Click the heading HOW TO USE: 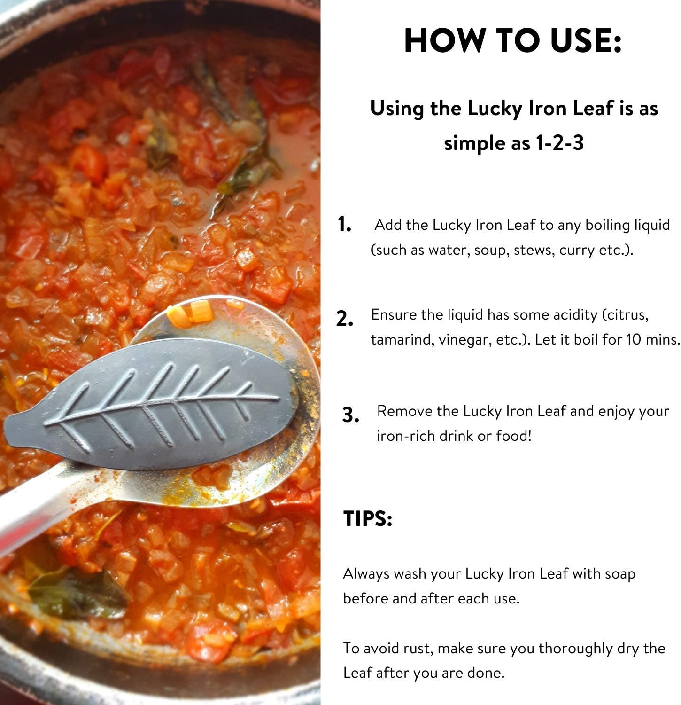pos(513,40)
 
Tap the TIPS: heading pos(368,518)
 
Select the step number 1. pos(344,225)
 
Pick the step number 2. pos(345,319)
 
